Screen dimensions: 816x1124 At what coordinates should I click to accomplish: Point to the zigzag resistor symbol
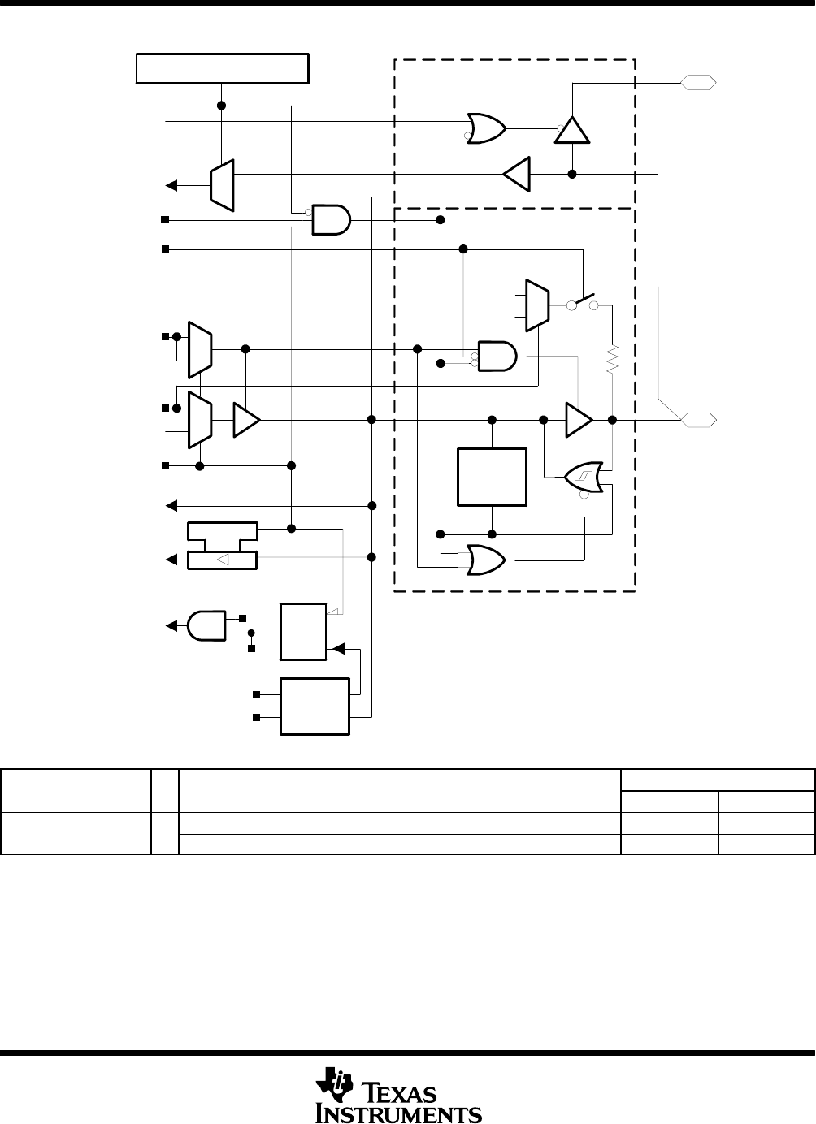tap(612, 359)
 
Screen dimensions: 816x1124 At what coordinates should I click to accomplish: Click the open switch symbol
tap(583, 302)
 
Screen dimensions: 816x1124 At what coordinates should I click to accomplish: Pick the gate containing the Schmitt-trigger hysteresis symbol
tap(584, 477)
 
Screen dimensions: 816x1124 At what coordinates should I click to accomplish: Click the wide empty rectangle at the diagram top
tap(223, 68)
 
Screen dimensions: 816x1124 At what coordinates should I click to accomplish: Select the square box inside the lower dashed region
tap(492, 477)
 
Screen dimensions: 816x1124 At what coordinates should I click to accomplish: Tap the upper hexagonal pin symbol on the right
tap(698, 82)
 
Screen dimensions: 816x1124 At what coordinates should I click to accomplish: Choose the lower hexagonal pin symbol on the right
tap(698, 420)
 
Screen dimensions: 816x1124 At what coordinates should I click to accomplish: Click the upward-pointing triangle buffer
tap(572, 130)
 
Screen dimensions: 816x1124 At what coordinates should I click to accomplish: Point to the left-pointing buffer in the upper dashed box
tap(516, 174)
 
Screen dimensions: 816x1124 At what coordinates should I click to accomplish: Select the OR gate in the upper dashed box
tap(486, 128)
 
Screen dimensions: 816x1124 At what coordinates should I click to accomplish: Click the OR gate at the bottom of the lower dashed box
tap(486, 560)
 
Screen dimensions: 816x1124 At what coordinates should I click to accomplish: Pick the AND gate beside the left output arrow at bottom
tap(206, 625)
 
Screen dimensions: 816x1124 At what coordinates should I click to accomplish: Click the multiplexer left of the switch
tap(537, 305)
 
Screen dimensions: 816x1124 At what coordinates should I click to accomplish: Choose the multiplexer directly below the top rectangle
tap(221, 185)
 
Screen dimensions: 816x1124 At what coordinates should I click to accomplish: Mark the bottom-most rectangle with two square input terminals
tap(315, 707)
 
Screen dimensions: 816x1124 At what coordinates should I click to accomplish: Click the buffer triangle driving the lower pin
tap(579, 420)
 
